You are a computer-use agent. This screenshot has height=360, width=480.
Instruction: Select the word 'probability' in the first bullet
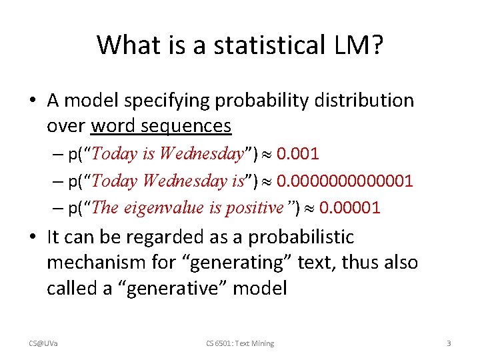[244, 101]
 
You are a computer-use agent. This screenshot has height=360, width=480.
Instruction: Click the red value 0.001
[297, 155]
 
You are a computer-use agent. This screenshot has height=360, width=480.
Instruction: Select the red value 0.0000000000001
[345, 181]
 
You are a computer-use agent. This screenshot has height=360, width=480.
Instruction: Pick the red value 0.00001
[349, 208]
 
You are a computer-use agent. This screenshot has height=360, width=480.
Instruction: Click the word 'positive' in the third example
[254, 208]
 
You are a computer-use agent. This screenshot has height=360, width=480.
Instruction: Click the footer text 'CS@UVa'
[43, 343]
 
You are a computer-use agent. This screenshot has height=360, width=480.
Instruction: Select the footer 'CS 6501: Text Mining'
[240, 343]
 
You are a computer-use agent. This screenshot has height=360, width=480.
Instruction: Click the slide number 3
[449, 343]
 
